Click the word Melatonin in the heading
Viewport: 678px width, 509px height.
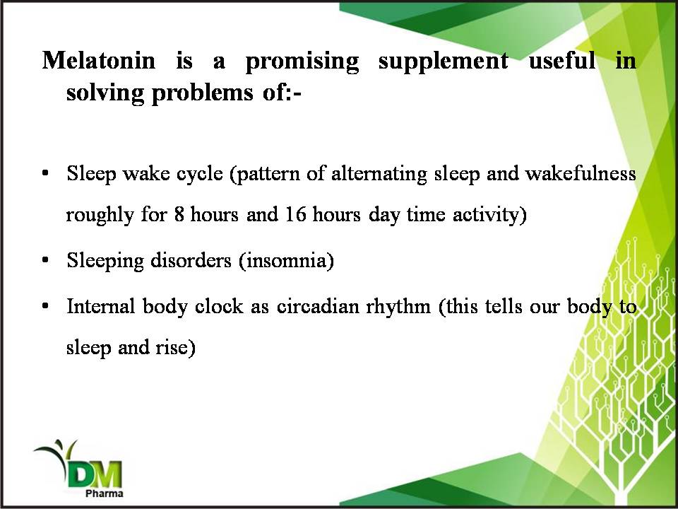click(99, 59)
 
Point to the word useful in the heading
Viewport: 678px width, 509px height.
click(562, 59)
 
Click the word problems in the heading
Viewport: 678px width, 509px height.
click(203, 93)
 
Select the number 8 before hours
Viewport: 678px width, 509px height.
click(179, 214)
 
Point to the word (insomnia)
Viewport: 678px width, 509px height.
click(286, 261)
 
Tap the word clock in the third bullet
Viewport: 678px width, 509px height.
click(219, 306)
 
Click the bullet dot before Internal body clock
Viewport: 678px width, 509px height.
click(45, 306)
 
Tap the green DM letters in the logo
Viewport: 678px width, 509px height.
click(95, 475)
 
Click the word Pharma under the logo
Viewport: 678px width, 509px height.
click(105, 493)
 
